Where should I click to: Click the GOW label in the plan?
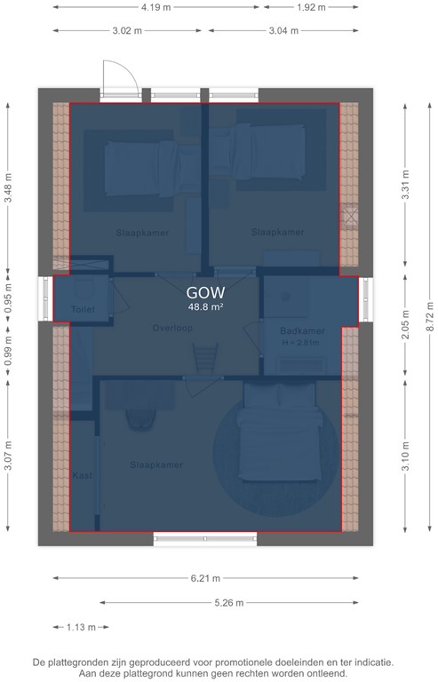(x=205, y=291)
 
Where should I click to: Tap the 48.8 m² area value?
(x=205, y=307)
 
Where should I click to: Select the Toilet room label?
(x=82, y=309)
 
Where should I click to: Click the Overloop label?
(x=172, y=328)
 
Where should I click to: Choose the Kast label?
(x=82, y=475)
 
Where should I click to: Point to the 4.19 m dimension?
(x=156, y=7)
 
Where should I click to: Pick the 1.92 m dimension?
(x=310, y=7)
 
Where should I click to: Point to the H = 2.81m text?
(x=300, y=343)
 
